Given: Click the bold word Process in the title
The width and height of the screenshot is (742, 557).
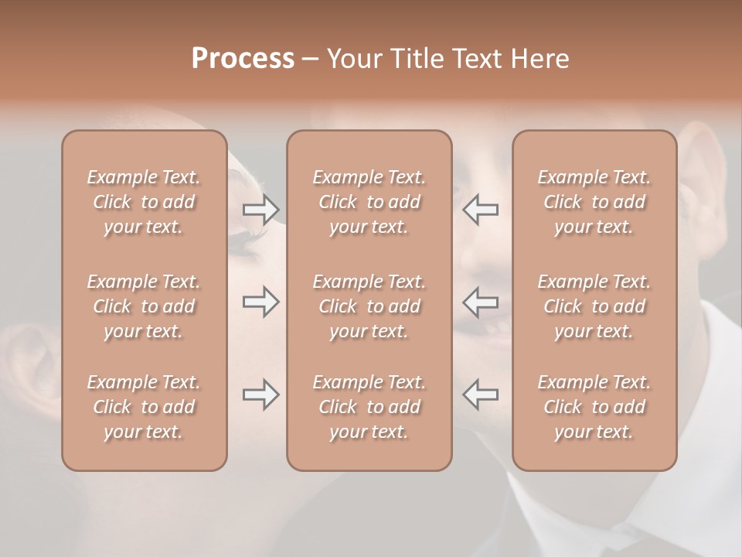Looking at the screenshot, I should tap(243, 59).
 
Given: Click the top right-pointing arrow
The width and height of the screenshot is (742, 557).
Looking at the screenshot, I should tap(260, 210).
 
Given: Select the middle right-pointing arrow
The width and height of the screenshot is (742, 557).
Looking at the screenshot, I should tap(260, 302).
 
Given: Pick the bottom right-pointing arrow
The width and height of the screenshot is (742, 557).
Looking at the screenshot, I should tap(260, 395).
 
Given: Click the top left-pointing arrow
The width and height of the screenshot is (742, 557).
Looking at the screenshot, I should tap(480, 210).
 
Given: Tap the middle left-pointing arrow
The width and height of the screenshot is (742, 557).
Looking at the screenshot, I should tap(480, 302).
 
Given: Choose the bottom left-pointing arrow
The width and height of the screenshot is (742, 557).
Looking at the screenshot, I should tap(480, 395).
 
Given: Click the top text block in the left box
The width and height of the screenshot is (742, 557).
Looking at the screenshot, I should tap(144, 202).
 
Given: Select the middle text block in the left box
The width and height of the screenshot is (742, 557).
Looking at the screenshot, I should tap(144, 306).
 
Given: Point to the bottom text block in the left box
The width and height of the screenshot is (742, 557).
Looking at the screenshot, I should tap(144, 407).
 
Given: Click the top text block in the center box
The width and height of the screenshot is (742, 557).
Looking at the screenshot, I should tap(369, 202).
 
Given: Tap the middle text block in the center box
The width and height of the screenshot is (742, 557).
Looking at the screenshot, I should tap(369, 306).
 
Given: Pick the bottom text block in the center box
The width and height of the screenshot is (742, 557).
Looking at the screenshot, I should tap(369, 407).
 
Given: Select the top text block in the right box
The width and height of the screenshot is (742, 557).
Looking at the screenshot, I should tap(594, 202).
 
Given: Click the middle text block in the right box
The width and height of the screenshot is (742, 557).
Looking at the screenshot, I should tap(594, 306).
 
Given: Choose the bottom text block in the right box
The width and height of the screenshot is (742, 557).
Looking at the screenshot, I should tap(594, 407).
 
